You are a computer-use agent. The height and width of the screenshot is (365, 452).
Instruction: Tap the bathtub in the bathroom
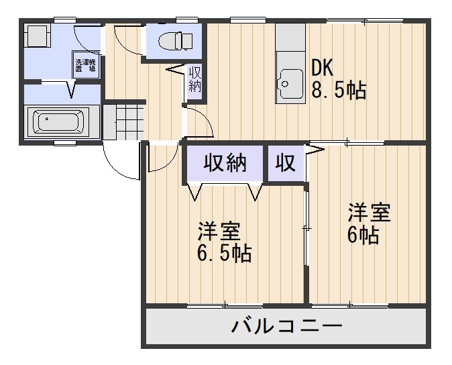click(58, 122)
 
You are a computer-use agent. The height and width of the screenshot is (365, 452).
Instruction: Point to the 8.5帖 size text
click(339, 90)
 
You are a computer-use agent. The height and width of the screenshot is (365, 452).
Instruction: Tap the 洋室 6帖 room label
click(368, 224)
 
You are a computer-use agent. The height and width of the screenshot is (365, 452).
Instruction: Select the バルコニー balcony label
click(287, 327)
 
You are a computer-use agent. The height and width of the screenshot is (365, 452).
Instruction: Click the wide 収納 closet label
click(225, 163)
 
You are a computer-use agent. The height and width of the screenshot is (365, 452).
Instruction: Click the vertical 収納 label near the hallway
click(195, 79)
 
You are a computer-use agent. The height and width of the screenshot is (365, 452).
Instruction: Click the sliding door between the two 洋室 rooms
click(307, 228)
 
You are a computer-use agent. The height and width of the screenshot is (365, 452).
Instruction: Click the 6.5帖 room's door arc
click(158, 160)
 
